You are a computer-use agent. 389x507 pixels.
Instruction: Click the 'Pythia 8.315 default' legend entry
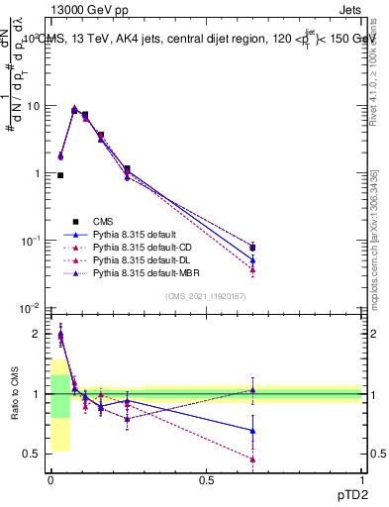[136, 235]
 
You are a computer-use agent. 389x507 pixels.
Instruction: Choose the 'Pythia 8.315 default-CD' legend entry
[144, 249]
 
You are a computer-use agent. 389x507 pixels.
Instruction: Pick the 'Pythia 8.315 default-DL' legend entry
[144, 262]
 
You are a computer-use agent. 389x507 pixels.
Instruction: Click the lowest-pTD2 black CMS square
[60, 175]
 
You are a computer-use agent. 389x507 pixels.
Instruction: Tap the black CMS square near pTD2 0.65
[252, 248]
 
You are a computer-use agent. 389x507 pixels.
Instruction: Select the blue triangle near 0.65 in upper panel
[252, 260]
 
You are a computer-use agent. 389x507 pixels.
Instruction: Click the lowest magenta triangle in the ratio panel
[252, 459]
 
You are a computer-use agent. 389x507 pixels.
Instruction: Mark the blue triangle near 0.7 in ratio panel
[252, 430]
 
